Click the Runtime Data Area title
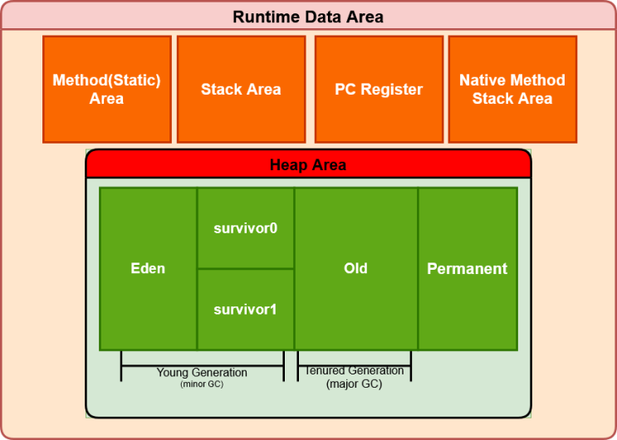308,17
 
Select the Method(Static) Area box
107,90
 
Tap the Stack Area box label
241,90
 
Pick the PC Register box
379,90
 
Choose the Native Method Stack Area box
512,90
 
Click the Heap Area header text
308,165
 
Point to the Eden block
148,269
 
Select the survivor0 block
246,228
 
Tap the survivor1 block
246,310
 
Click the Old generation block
356,269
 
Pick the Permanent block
468,269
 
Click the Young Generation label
202,372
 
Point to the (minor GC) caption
202,384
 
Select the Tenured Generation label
355,371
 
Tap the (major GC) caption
354,384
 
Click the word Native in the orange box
482,81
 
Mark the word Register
392,90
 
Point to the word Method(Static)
106,81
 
